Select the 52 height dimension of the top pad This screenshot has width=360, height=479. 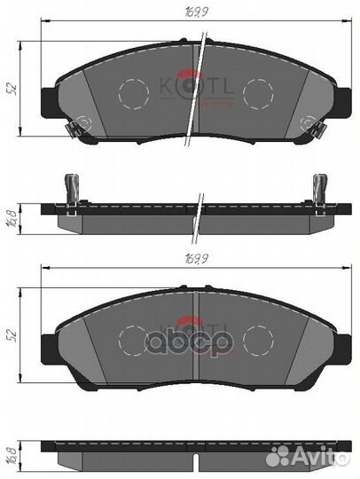[x=12, y=89]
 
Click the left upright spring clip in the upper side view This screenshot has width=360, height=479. [x=72, y=188]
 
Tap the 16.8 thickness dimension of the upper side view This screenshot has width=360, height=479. [x=12, y=216]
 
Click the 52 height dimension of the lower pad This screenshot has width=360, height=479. [x=12, y=336]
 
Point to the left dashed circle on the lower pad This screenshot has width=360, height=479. [x=133, y=339]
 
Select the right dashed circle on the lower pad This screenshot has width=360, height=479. [x=259, y=339]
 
